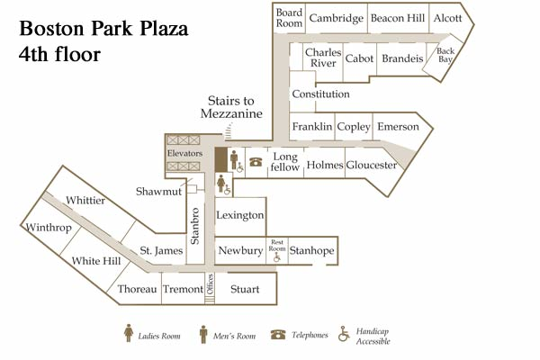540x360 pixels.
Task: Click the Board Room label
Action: coord(289,18)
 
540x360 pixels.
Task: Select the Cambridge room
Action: coord(336,18)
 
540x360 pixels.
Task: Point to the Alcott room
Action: coord(446,18)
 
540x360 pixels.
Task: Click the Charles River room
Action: coord(321,58)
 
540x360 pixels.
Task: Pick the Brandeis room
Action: coord(401,58)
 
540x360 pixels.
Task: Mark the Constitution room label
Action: coord(319,94)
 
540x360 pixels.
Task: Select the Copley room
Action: coord(354,127)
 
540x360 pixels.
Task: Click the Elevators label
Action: coord(184,154)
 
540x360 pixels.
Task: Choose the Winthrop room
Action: coord(49,227)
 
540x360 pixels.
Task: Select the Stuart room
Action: coord(244,289)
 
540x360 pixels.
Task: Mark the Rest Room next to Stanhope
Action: coord(277,249)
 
